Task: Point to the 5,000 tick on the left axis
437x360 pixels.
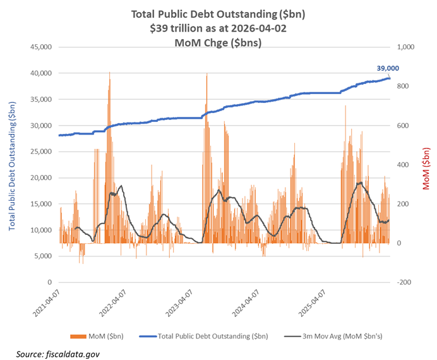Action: click(42, 256)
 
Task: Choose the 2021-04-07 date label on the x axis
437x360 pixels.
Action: click(48, 304)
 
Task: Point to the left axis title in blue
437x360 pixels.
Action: click(12, 164)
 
